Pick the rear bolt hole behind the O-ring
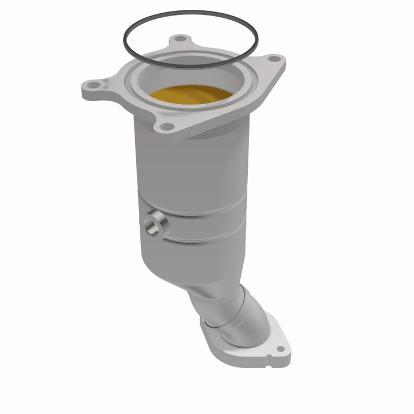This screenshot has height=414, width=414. coord(181,39)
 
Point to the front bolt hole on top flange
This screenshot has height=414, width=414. coord(166,126)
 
